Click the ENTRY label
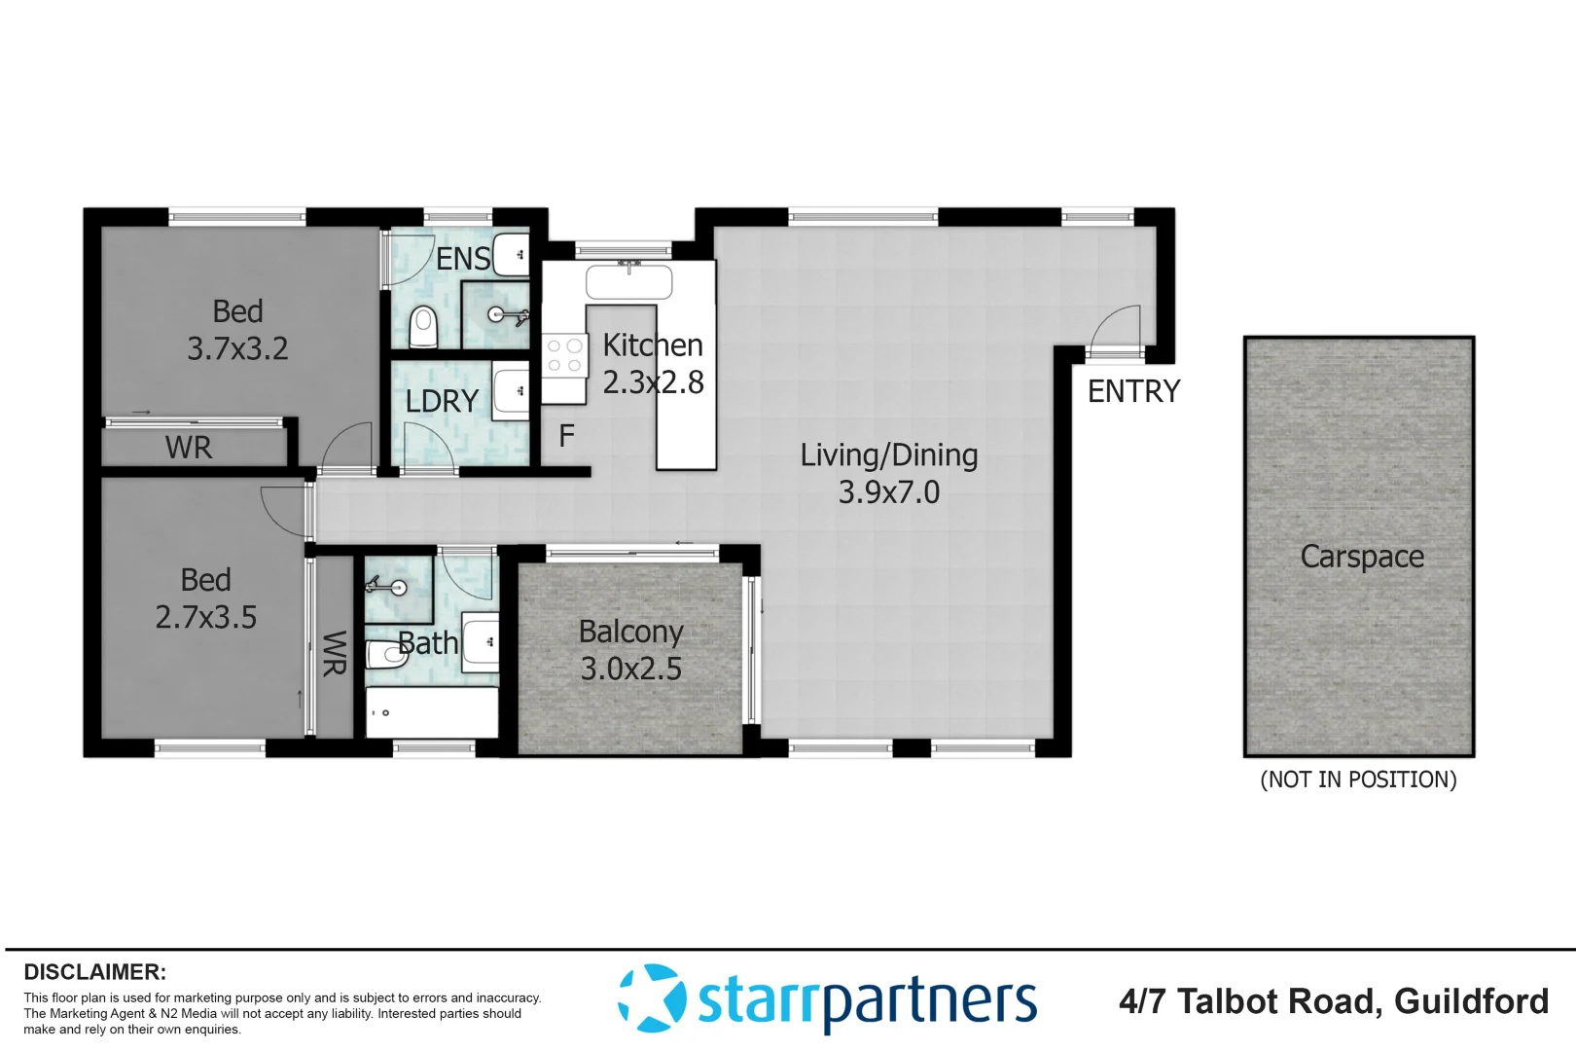[1133, 391]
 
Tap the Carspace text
[1362, 557]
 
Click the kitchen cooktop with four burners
[564, 355]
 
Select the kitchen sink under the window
[629, 282]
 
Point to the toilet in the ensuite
[423, 326]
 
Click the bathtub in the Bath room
[432, 712]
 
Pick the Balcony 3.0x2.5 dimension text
[630, 670]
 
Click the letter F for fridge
[566, 436]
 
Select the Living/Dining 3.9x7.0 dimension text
[889, 492]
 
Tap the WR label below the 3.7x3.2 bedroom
[189, 448]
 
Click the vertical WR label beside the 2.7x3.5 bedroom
[334, 653]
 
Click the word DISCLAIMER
[94, 972]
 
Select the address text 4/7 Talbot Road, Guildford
[1333, 1001]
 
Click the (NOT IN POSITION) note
[1358, 779]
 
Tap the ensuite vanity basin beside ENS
[511, 255]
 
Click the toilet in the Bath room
[386, 654]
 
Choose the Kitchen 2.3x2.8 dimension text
[653, 382]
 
